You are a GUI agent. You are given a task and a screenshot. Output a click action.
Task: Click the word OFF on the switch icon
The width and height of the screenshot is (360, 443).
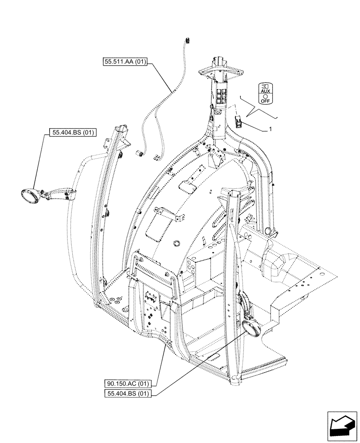point(266,101)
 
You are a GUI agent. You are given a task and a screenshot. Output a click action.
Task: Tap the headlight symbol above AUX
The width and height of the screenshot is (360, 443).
point(266,85)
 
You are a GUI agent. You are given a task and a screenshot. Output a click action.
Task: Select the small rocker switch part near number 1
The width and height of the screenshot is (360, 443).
point(238,120)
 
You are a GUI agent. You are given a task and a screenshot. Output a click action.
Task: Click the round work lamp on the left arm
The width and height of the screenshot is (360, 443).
point(29,195)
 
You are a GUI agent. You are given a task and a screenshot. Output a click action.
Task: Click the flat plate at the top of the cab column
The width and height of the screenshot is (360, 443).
point(221,69)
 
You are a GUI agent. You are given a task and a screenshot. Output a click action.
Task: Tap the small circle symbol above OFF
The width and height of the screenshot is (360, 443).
point(266,96)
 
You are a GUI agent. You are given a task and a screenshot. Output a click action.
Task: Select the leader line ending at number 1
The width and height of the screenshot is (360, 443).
point(254,127)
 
